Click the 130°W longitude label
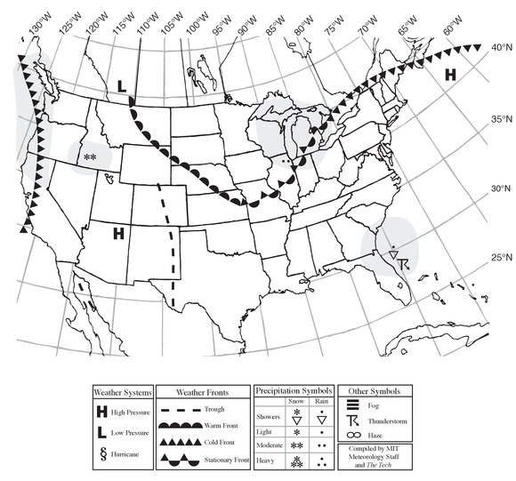click(36, 26)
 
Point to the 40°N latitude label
click(502, 50)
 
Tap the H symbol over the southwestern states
click(117, 235)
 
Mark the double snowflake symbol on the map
click(90, 158)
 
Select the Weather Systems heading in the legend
click(125, 391)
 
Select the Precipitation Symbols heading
click(294, 390)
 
